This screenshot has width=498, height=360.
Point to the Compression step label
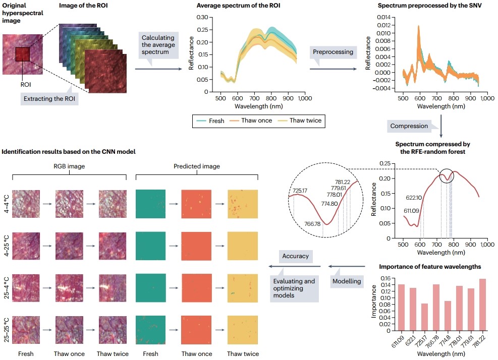409,126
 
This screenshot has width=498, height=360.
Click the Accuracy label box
296,256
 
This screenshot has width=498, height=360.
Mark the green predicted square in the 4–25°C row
151,246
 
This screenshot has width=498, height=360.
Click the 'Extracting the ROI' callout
50,98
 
